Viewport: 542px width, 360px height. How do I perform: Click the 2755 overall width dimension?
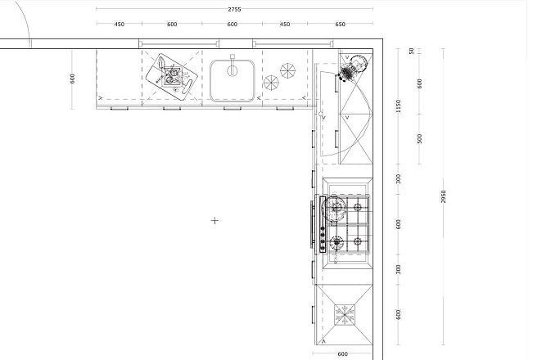234,9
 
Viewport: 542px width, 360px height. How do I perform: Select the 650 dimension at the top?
340,25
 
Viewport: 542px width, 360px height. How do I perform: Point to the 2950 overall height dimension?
444,196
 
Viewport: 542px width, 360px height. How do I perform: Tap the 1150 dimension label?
399,106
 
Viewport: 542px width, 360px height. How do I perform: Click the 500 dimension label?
420,139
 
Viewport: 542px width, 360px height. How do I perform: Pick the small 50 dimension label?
411,51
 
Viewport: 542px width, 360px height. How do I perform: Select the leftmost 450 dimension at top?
120,25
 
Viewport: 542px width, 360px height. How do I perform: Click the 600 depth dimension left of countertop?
72,79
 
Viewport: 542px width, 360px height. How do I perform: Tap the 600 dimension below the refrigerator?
342,353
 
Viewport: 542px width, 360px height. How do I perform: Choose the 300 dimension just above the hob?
399,179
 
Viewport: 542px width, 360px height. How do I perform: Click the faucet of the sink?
233,65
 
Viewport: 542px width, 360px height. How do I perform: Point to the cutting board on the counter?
171,77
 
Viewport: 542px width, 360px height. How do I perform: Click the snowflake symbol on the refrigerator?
345,315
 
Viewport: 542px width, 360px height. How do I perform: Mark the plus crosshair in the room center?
215,220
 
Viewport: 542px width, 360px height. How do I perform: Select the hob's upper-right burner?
358,208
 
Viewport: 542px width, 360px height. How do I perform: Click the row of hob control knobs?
323,238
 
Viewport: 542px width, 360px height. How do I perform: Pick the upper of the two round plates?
287,71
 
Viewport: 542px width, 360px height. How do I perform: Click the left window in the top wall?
178,43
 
